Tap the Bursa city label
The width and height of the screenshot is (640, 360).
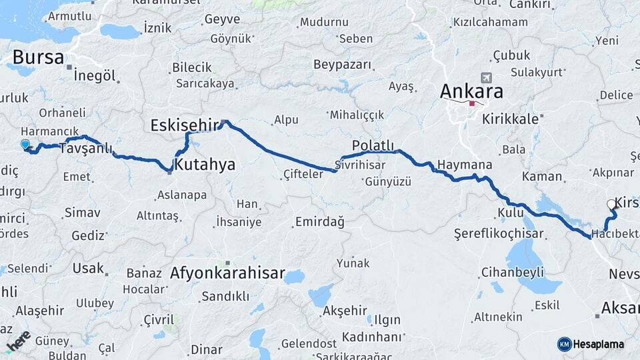(x=33, y=57)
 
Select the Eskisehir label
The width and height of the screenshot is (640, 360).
(x=185, y=125)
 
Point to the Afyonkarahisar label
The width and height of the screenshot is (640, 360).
(x=227, y=273)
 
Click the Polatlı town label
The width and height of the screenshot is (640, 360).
(x=373, y=146)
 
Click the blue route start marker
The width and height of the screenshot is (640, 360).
(x=25, y=144)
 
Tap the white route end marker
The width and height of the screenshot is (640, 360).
(x=611, y=205)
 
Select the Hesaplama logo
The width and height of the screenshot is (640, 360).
(x=591, y=344)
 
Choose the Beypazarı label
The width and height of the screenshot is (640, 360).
(x=341, y=65)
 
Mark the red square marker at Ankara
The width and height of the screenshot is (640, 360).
(x=473, y=103)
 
